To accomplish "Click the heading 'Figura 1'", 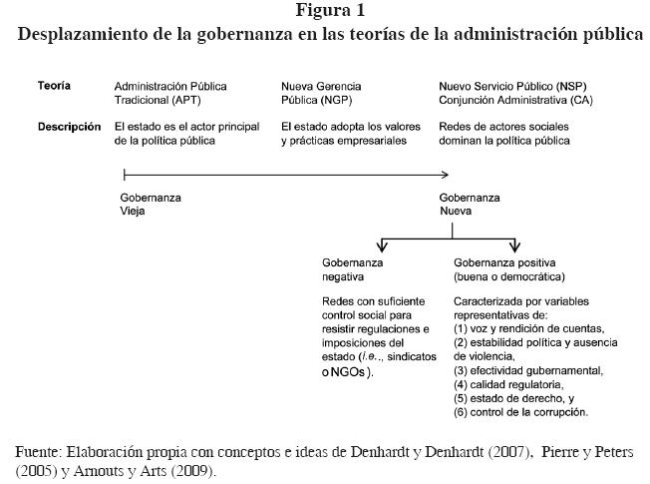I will click(329, 11).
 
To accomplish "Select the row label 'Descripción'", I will click(69, 127).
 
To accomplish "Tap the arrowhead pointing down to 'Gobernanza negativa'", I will click(380, 246).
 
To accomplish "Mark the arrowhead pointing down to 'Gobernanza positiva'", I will click(514, 246).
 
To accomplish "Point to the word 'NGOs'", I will click(348, 373).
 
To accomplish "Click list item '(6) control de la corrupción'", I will click(520, 411).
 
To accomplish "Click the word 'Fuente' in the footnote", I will click(36, 452).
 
